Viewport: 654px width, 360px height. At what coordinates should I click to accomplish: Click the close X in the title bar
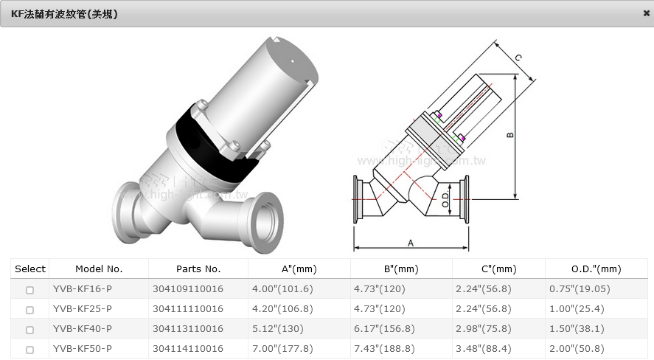[x=647, y=13]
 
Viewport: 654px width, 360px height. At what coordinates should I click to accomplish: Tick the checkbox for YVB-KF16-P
[x=29, y=290]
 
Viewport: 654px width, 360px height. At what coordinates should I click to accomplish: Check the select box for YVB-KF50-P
[x=29, y=350]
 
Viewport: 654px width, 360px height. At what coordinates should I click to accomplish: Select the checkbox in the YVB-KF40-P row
[x=29, y=330]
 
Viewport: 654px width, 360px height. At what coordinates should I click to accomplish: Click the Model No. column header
[x=99, y=269]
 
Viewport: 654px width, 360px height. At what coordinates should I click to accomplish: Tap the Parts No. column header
[x=198, y=269]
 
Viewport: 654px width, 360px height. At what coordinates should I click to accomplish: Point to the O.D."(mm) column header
[x=596, y=269]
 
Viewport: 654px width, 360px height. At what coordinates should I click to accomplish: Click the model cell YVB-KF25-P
[x=82, y=308]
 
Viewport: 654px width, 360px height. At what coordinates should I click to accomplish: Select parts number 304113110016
[x=188, y=329]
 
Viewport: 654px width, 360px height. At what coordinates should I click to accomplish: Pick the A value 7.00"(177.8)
[x=282, y=349]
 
